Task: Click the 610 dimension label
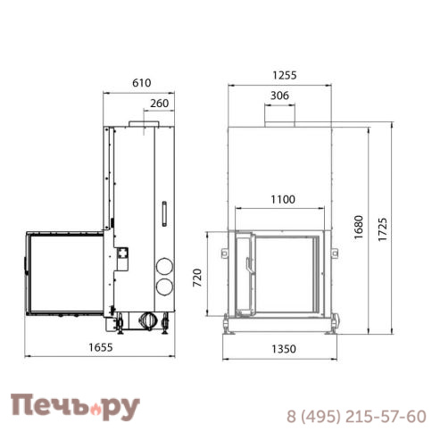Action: (141, 82)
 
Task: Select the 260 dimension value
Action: (159, 103)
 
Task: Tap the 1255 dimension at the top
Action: (280, 76)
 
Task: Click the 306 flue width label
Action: (279, 96)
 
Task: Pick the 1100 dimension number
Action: (280, 200)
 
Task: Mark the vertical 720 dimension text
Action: (199, 279)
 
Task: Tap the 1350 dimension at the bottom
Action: (280, 349)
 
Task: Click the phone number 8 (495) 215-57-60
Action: (355, 416)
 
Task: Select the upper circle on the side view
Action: (164, 266)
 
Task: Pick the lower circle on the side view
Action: (164, 286)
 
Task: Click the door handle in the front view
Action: (247, 265)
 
